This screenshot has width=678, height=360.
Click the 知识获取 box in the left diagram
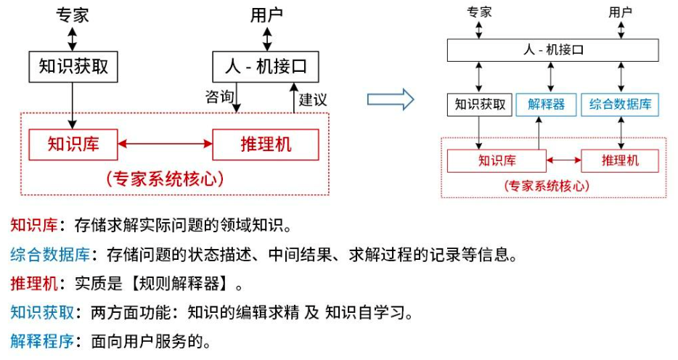point(73,67)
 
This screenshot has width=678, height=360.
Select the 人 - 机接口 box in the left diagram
point(266,67)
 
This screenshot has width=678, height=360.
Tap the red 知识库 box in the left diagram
point(73,144)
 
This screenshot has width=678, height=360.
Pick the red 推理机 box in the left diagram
point(266,144)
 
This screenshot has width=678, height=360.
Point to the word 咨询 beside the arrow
point(220,97)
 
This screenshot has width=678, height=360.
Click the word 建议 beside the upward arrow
point(314,99)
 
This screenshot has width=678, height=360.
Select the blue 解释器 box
point(546,105)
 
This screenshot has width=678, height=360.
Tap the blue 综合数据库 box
point(620,105)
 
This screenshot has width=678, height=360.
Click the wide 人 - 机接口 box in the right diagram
point(553,50)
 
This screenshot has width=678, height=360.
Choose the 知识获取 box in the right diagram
point(480,105)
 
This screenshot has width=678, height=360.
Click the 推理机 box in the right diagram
point(620,160)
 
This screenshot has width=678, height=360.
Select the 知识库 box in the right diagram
point(497,160)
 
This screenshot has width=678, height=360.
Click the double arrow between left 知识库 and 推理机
point(165,144)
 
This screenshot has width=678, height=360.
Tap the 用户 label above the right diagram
point(620,12)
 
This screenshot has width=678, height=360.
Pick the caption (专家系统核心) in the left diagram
point(164,179)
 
